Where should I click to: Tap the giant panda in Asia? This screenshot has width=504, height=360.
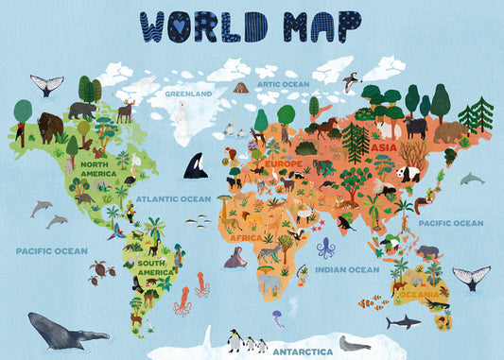tap(408, 175)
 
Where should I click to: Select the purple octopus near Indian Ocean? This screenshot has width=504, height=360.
tap(326, 249)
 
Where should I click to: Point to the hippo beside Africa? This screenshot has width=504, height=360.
tap(234, 258)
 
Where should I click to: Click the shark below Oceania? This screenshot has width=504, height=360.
tap(403, 322)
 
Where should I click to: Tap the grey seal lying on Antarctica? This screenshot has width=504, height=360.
tap(355, 343)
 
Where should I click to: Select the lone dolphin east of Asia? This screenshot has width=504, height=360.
tap(471, 179)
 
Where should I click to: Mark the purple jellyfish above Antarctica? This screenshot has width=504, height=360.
tap(278, 317)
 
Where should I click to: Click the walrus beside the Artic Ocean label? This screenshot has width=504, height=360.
tap(240, 88)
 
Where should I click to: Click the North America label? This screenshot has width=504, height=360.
tap(98, 168)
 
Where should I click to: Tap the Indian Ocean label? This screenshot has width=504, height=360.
tap(346, 269)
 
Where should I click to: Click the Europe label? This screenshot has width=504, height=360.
tap(284, 163)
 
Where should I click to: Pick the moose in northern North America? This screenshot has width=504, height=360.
tap(125, 111)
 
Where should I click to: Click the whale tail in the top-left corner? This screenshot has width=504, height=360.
tap(46, 84)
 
